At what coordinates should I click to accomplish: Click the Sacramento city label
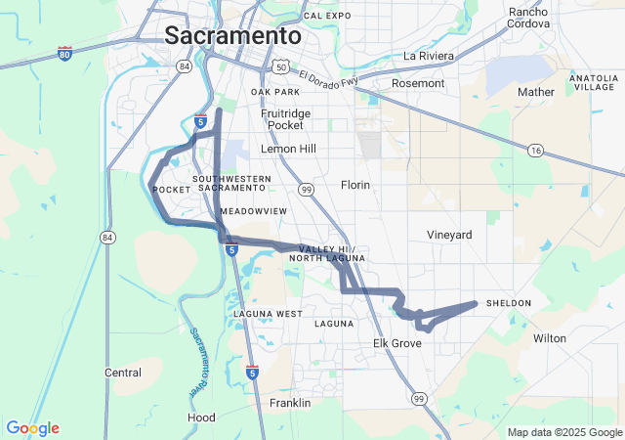point(232,35)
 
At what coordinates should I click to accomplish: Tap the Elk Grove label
point(397,344)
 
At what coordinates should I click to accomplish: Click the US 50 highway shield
point(281,66)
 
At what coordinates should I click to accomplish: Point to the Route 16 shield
point(535,150)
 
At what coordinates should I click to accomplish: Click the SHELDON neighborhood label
point(509,303)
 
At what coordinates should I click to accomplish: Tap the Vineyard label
point(449,235)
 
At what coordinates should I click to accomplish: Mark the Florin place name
point(355,184)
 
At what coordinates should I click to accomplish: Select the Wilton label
point(550,338)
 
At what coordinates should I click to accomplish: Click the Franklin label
point(290,403)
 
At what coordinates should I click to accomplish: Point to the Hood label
point(201,418)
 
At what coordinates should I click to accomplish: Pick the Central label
point(123,373)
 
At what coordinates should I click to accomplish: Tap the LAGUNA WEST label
point(268,314)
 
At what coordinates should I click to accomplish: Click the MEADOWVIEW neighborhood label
point(254,211)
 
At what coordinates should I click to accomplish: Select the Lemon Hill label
point(288,149)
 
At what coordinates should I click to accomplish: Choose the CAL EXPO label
point(327,16)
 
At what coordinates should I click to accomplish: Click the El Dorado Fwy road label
point(330,77)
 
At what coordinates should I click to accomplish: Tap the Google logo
point(32,428)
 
